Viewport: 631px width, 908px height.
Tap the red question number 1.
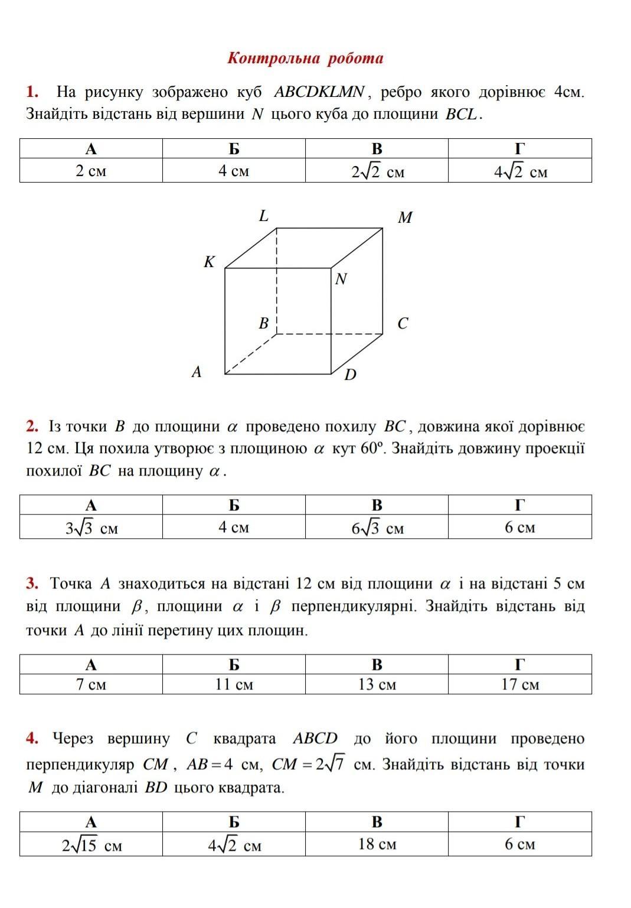point(32,92)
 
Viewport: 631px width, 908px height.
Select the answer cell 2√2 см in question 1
point(377,172)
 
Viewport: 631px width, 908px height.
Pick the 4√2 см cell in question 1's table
point(520,172)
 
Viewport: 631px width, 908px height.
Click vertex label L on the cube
point(264,216)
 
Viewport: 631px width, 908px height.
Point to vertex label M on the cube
point(405,218)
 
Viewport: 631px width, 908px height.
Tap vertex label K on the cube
point(209,262)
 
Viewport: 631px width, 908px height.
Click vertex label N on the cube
point(341,279)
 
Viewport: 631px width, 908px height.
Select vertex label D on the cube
point(350,375)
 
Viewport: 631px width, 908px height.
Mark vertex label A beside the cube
point(197,372)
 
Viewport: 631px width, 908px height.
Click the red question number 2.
point(32,427)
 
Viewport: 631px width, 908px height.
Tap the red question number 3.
point(32,584)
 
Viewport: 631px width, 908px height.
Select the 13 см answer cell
point(377,684)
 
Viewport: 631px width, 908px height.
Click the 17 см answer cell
point(520,684)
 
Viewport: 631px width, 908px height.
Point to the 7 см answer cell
point(91,684)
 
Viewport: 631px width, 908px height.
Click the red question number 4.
point(32,738)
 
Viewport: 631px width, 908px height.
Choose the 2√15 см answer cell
point(91,845)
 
